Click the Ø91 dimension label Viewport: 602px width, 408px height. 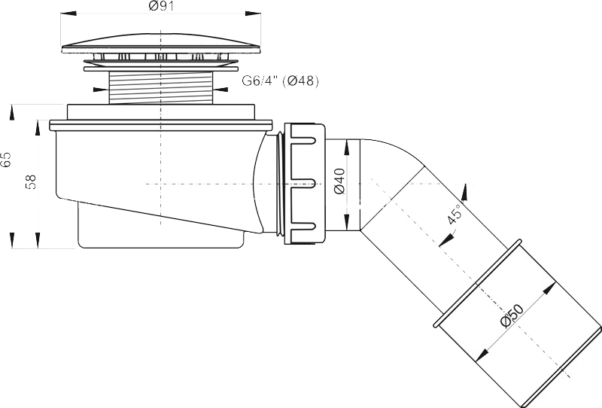click(159, 7)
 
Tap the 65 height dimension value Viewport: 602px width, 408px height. click(7, 160)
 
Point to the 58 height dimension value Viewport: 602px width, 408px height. click(30, 181)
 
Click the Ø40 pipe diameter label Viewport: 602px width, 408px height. click(339, 181)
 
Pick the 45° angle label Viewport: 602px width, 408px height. click(454, 215)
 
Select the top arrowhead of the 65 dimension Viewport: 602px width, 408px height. click(12, 111)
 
